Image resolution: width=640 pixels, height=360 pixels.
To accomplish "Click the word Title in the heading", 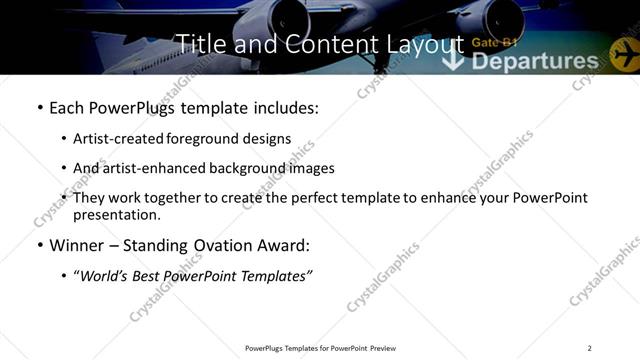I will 198,44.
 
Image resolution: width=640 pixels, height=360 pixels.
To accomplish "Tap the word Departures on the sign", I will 534,62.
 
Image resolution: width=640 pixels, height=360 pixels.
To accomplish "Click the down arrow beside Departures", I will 454,60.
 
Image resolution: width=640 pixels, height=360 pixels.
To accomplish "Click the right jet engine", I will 490,18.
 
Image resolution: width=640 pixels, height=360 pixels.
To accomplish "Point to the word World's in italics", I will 104,275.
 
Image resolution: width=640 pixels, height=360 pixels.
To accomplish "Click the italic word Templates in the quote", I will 276,275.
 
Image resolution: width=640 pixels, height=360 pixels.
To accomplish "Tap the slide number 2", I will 589,348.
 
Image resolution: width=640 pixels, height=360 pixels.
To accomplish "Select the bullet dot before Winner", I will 39,245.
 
